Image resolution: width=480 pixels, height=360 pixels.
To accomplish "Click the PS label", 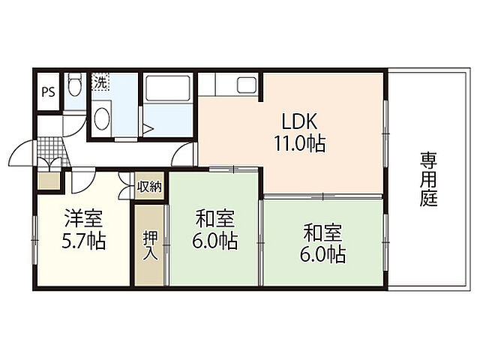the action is (48, 91).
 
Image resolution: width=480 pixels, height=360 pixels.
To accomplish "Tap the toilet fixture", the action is (75, 83).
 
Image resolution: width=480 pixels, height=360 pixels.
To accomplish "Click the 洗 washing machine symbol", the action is (100, 82).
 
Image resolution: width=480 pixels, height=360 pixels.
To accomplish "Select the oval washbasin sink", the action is (102, 118).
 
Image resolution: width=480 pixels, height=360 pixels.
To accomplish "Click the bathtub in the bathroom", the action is (168, 88).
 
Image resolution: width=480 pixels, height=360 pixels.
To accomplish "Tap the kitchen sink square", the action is (247, 85).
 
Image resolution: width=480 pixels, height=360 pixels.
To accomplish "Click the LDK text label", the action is (299, 121).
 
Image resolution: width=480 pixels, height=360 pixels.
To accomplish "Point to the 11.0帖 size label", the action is (299, 143).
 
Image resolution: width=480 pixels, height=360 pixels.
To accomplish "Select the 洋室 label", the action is (83, 218).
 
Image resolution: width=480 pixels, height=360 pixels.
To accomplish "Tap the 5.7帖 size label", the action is (83, 241).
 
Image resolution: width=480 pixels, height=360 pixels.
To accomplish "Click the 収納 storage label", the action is (149, 186).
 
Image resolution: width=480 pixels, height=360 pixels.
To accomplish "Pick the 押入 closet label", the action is (150, 246).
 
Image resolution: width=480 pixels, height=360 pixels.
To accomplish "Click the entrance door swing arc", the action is (16, 149).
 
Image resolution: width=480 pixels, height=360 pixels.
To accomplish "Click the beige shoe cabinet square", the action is (48, 181).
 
